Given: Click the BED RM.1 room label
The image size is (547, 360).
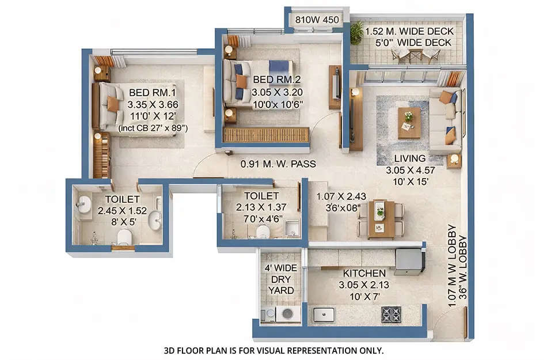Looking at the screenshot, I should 149,92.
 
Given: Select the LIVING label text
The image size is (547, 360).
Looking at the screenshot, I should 410,158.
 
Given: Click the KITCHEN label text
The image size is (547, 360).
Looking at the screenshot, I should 364,273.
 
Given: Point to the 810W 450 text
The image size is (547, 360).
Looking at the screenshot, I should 317,19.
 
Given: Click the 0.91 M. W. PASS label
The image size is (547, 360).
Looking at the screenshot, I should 279,164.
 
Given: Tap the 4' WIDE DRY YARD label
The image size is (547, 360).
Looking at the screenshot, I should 281,279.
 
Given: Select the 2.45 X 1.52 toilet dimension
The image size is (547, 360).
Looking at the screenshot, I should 121,210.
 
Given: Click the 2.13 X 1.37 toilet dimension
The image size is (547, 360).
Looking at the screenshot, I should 261,207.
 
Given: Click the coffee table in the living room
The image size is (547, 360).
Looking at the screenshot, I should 409,122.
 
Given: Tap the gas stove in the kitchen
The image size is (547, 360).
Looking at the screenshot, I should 391,314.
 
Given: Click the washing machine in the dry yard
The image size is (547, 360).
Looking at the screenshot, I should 287,314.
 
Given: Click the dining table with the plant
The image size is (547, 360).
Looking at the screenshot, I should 381,218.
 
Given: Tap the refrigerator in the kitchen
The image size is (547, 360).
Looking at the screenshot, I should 409,261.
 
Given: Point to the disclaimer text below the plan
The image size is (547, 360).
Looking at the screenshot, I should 273,350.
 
